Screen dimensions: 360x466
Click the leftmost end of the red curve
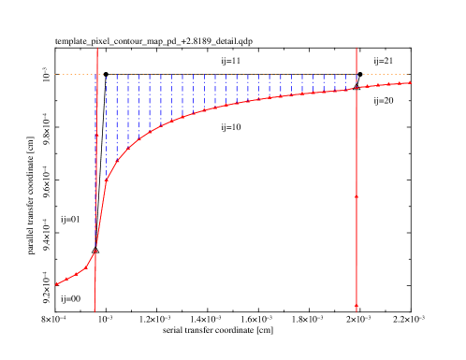pyautogui.click(x=56, y=284)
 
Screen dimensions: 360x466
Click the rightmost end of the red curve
pyautogui.click(x=410, y=82)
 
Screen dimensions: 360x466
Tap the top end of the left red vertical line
pyautogui.click(x=96, y=47)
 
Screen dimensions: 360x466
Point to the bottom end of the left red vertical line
pyautogui.click(x=95, y=310)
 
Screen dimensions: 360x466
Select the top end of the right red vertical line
pyautogui.click(x=357, y=48)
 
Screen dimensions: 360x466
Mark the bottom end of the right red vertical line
pyautogui.click(x=357, y=309)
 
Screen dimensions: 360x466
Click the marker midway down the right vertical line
pyautogui.click(x=357, y=197)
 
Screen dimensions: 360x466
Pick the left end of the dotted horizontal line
pyautogui.click(x=54, y=74)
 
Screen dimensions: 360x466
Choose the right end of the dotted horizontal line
pyautogui.click(x=409, y=74)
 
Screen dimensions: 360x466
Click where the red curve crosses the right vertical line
pyautogui.click(x=357, y=88)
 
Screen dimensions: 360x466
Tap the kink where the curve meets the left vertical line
pyautogui.click(x=95, y=251)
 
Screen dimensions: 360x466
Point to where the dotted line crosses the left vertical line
pyautogui.click(x=96, y=74)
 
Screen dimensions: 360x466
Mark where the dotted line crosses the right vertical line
pyautogui.click(x=357, y=74)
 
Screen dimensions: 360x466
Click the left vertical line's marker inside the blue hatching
pyautogui.click(x=96, y=135)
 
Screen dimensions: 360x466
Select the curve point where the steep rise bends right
pyautogui.click(x=106, y=180)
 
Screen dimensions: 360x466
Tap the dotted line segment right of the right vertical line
pyautogui.click(x=384, y=74)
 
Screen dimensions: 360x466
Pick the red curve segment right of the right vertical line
pyautogui.click(x=384, y=85)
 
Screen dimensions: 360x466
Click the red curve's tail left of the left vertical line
pyautogui.click(x=75, y=275)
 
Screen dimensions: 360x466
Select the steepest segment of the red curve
pyautogui.click(x=100, y=215)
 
